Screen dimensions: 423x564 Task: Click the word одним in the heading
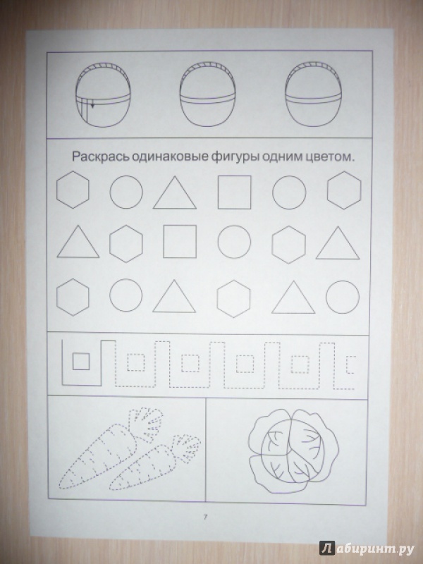(x=281, y=157)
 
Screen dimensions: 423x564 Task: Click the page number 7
(x=205, y=517)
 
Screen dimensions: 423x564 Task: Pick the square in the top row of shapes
(x=235, y=192)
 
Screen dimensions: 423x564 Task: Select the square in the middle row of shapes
(x=180, y=241)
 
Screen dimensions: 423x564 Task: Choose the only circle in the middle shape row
(x=234, y=242)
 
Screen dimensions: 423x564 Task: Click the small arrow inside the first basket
(x=92, y=106)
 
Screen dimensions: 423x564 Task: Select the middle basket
(x=207, y=94)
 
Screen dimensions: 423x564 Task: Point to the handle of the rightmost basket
(x=313, y=66)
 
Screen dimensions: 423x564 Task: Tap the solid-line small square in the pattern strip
(x=81, y=362)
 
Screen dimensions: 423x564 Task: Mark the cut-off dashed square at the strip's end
(x=350, y=364)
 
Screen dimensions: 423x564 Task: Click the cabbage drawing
(x=293, y=450)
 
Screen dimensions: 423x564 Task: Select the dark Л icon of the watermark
(x=326, y=548)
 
